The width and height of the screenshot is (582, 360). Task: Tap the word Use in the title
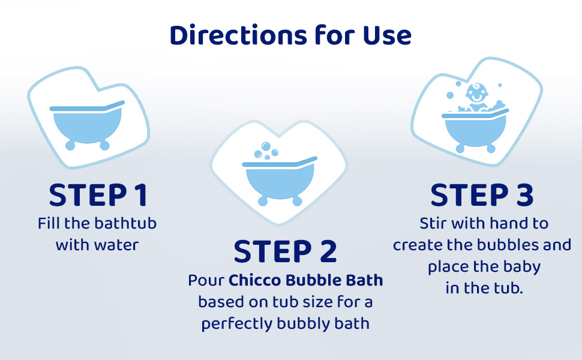[x=386, y=35]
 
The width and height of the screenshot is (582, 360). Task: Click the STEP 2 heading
[x=285, y=251]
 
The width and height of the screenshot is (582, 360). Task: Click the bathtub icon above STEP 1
[x=87, y=124]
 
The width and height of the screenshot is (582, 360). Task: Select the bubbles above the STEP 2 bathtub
[x=266, y=150]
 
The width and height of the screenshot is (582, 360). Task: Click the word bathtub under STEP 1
[x=125, y=224]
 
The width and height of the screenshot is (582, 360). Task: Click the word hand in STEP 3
[x=505, y=224]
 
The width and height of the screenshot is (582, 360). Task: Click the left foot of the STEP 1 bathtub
[x=70, y=145]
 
